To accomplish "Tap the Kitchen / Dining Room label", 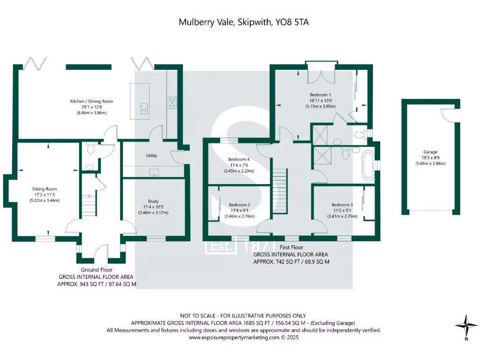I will click(91, 101).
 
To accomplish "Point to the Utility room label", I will click(151, 156).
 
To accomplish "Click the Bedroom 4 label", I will click(239, 159).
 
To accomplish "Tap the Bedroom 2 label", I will click(239, 205).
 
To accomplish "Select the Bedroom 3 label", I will click(342, 205).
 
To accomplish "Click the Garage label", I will click(430, 152).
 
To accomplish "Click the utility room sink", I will click(155, 172).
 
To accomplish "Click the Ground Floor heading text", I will click(96, 270).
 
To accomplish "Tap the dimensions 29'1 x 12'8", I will click(91, 107).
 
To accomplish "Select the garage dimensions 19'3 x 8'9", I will click(430, 158).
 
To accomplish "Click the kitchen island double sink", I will click(143, 108).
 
